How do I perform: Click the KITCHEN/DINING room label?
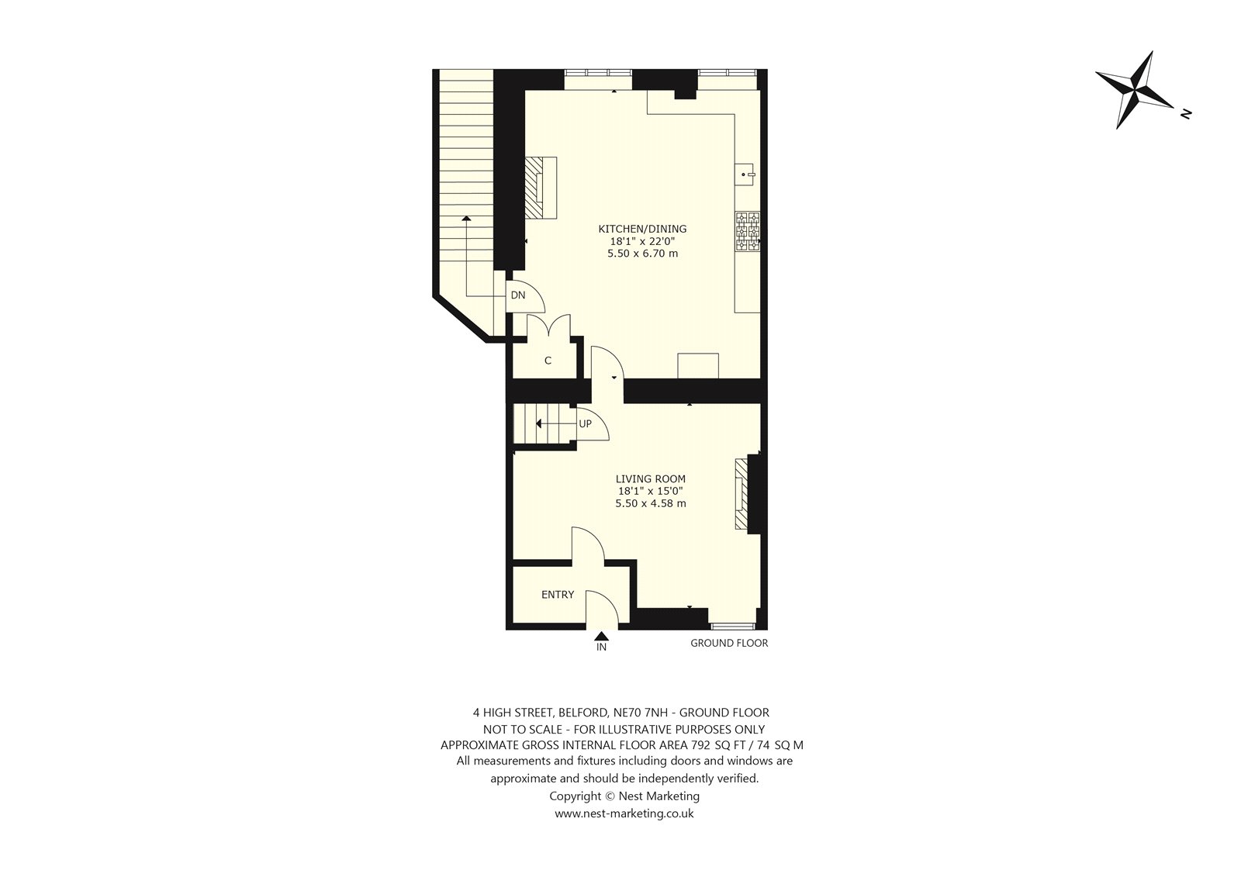click(x=642, y=229)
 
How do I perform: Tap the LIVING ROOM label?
click(x=651, y=478)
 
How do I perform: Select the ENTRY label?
click(x=558, y=595)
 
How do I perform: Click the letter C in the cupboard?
click(x=548, y=361)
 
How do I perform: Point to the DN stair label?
click(x=518, y=295)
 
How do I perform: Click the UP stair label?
click(x=585, y=424)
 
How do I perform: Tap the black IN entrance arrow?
click(x=602, y=636)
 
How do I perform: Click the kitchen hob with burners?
click(x=748, y=232)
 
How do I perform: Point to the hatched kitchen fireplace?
click(x=541, y=188)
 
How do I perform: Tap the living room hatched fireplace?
click(x=741, y=494)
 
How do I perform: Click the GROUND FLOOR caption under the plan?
click(x=729, y=643)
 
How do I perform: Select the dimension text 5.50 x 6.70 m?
click(x=643, y=254)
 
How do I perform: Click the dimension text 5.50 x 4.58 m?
click(x=651, y=503)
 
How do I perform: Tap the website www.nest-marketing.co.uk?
click(x=624, y=814)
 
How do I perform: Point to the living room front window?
click(x=732, y=627)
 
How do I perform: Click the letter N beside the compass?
click(x=1186, y=114)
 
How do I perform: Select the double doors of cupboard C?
click(x=548, y=326)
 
